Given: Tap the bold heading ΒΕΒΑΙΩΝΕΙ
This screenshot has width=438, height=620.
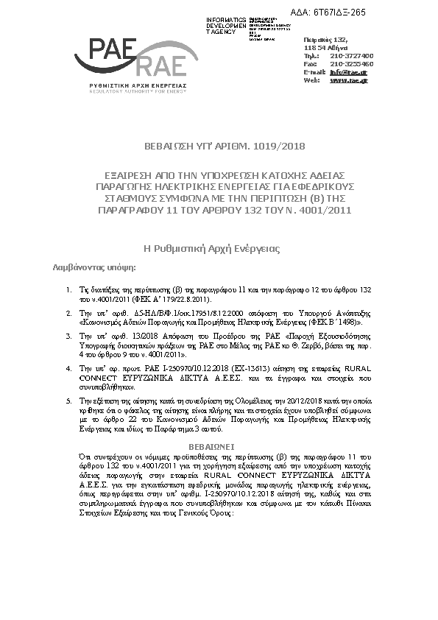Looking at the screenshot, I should pyautogui.click(x=219, y=446).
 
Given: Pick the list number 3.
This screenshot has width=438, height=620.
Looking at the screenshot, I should pyautogui.click(x=69, y=335).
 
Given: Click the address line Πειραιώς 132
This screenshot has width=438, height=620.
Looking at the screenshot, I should pyautogui.click(x=325, y=39).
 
